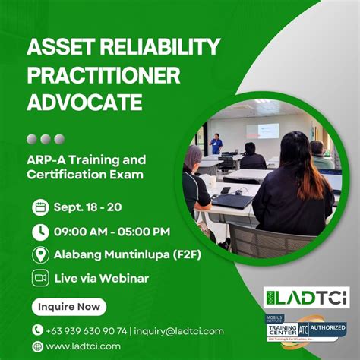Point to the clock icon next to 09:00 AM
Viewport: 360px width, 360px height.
[x=39, y=231]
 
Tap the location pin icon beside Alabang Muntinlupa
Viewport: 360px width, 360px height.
[x=39, y=254]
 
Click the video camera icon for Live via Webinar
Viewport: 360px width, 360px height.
[x=39, y=278]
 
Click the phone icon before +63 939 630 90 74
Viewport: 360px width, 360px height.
[x=38, y=330]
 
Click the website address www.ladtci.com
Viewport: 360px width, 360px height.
[x=83, y=346]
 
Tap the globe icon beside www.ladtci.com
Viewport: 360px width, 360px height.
[x=38, y=346]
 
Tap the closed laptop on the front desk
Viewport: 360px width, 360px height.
[x=232, y=201]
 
